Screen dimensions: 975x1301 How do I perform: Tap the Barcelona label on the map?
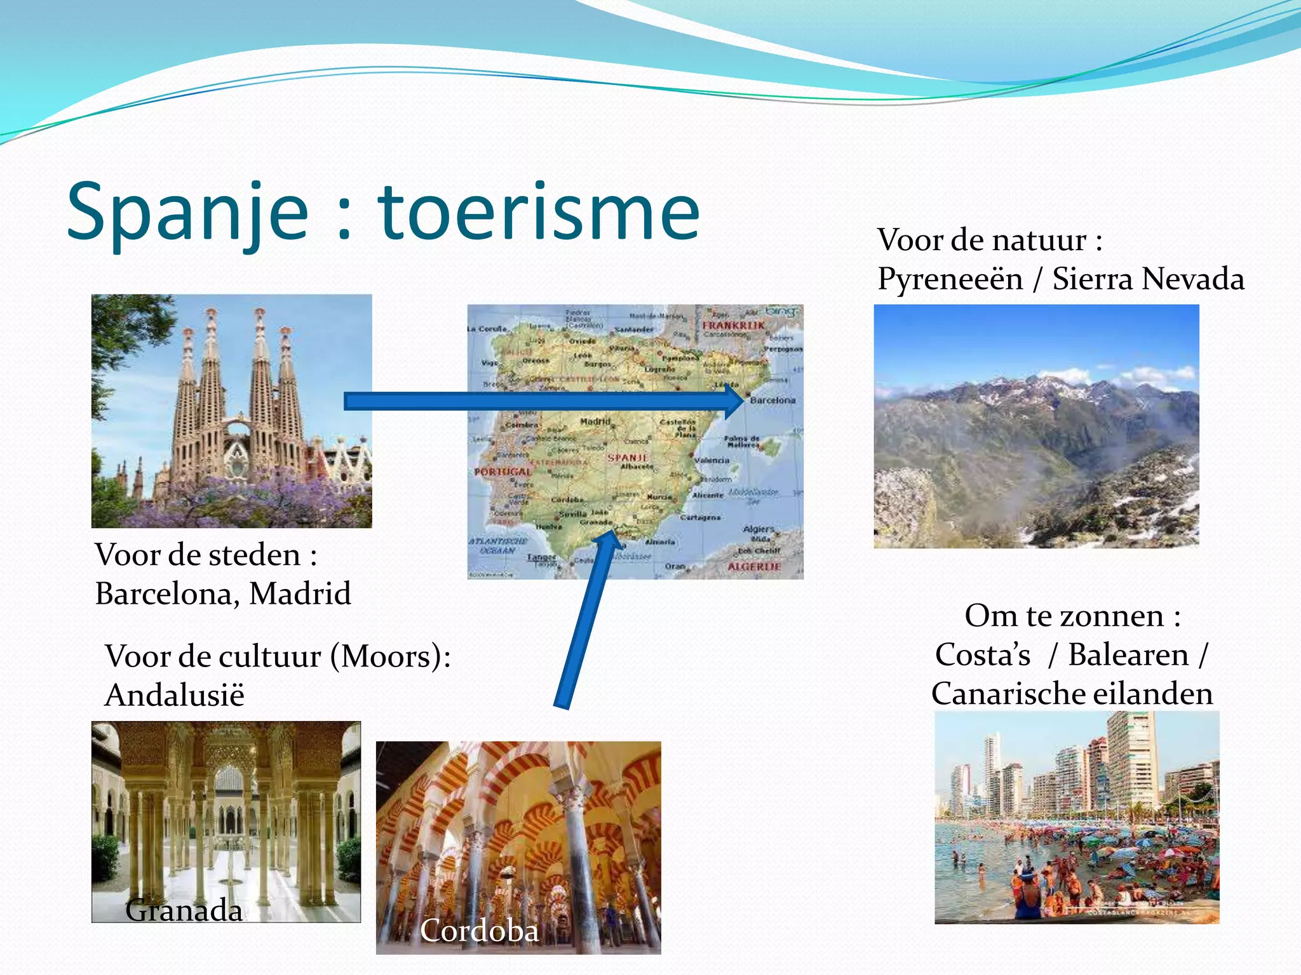pos(772,401)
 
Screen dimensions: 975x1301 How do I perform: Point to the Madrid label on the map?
pos(595,421)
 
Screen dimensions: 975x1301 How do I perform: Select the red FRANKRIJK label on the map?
pos(734,325)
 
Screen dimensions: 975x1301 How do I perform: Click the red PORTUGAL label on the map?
pos(502,472)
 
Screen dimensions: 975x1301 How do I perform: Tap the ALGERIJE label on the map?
pos(753,566)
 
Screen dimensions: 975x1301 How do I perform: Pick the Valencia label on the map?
pos(711,460)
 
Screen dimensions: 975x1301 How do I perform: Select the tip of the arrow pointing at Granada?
pos(603,537)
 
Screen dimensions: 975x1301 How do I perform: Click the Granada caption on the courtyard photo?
pos(184,910)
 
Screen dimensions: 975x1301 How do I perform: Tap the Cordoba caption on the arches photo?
pos(479,931)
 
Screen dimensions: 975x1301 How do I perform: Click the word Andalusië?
pos(175,695)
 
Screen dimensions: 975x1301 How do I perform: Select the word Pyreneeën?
pos(950,279)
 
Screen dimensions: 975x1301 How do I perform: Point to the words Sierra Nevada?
pos(1148,279)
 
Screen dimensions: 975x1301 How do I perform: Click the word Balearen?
pos(1128,654)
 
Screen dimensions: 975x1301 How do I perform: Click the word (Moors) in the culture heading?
pos(391,656)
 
